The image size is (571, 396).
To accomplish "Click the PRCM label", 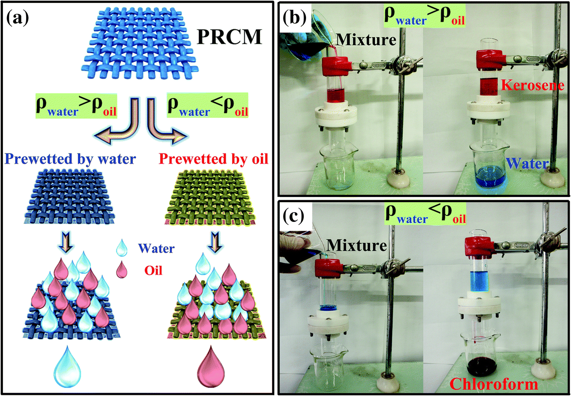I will [229, 37].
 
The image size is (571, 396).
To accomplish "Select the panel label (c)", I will [293, 216].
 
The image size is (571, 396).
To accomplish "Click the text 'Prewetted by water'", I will [70, 159].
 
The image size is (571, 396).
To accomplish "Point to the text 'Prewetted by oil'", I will [213, 159].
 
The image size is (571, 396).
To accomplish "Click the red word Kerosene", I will [532, 85].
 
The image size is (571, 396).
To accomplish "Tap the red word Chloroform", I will [494, 384].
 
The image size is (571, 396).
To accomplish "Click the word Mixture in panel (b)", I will [366, 39].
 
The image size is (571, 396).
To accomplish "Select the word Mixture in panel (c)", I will [357, 245].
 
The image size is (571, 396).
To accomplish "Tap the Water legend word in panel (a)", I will [156, 248].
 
